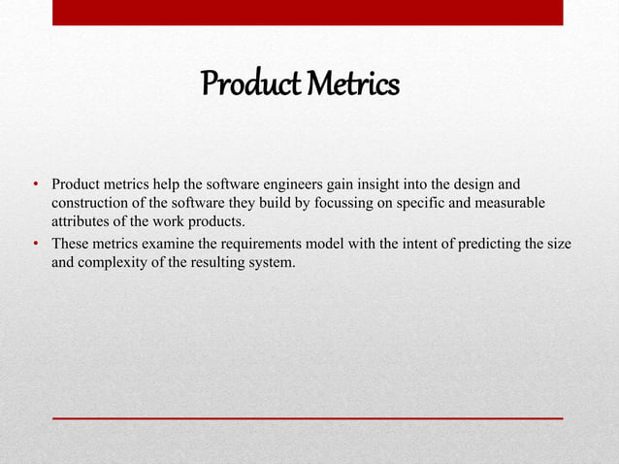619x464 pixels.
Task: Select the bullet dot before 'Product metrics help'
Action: pos(35,183)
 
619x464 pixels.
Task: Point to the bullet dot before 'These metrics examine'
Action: pos(35,244)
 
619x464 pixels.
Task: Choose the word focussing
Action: pos(369,202)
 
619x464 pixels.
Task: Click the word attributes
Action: pos(81,220)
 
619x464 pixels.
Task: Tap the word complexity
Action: pos(113,261)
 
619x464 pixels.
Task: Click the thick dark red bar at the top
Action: pos(308,13)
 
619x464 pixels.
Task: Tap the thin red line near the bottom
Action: pos(308,416)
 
